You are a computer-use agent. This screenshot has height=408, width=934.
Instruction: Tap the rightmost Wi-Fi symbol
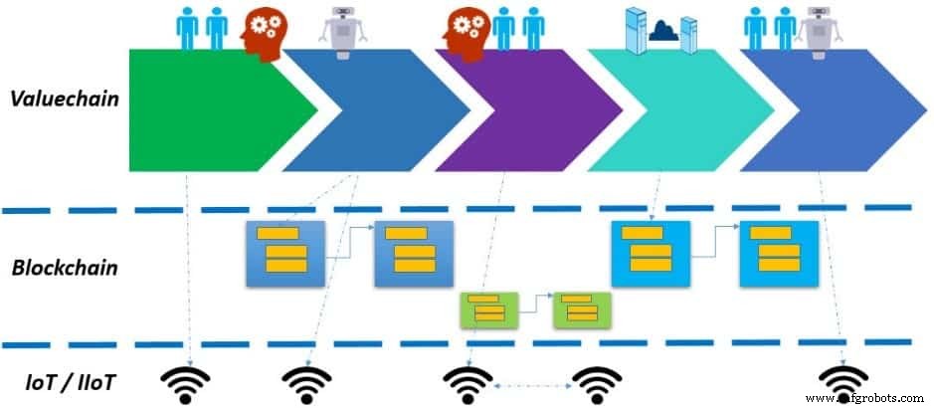click(x=843, y=383)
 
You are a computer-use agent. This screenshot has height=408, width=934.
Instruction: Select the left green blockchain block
click(x=484, y=309)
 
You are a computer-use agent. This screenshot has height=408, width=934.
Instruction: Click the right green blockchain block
click(x=581, y=309)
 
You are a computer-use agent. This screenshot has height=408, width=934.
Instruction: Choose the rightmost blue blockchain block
click(x=778, y=253)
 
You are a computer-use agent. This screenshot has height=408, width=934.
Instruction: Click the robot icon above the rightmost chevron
click(x=818, y=30)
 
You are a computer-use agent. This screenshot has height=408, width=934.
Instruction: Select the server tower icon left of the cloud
click(x=633, y=29)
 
